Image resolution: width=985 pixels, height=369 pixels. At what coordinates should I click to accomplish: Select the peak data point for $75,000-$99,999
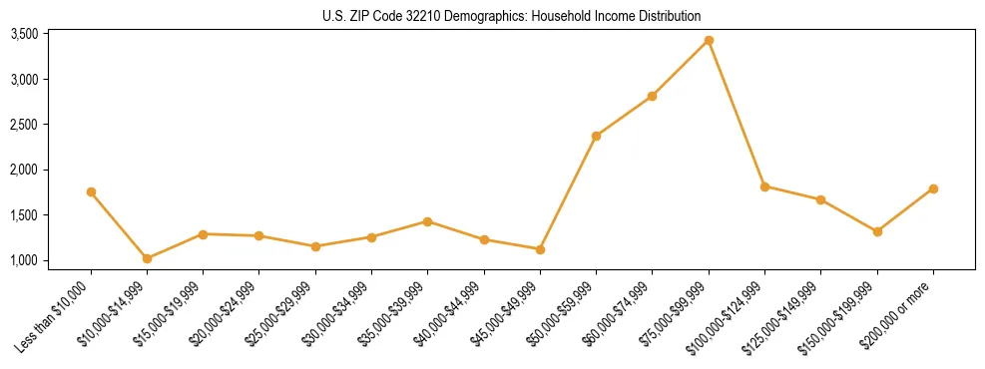click(x=709, y=40)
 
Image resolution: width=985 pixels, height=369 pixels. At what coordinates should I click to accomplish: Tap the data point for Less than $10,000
click(x=91, y=191)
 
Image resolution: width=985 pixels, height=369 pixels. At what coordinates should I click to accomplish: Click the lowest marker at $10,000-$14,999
click(x=147, y=258)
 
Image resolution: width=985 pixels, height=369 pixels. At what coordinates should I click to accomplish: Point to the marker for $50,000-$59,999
click(x=596, y=136)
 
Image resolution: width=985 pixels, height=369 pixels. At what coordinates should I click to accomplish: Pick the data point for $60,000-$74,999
click(x=652, y=96)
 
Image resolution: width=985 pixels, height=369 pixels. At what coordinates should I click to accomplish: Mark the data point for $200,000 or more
click(x=933, y=188)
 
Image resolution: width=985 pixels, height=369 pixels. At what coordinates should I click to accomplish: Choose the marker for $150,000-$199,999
click(x=877, y=231)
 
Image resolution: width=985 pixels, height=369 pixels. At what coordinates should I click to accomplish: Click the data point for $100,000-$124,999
click(x=764, y=186)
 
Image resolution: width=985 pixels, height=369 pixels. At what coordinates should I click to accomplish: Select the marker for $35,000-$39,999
click(x=427, y=221)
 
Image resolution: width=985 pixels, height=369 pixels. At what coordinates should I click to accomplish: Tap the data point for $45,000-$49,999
click(x=540, y=249)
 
